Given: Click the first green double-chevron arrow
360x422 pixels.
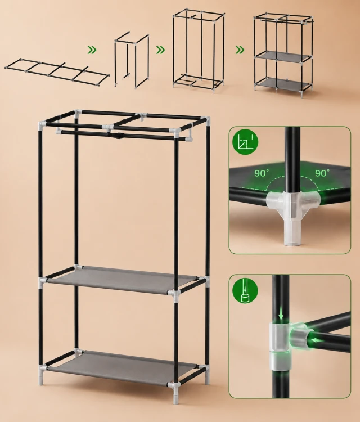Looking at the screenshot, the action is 92,50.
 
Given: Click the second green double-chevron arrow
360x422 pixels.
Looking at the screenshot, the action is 161,50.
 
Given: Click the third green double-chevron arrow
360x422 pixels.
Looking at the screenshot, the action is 240,50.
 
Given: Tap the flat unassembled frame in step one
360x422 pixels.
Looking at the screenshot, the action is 57,71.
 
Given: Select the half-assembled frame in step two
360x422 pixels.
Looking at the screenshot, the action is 132,60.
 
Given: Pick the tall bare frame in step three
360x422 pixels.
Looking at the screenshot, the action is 199,50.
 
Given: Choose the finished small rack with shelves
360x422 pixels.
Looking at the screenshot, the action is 283,55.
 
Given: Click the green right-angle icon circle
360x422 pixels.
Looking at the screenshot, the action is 245,142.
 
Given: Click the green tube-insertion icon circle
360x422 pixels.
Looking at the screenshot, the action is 245,291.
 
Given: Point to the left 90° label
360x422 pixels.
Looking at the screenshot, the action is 262,173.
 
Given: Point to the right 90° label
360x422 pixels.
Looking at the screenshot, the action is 322,173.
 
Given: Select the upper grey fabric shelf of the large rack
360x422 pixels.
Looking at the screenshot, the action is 122,279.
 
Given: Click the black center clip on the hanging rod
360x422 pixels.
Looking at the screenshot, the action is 118,134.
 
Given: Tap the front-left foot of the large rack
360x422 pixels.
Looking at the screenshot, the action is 40,379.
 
